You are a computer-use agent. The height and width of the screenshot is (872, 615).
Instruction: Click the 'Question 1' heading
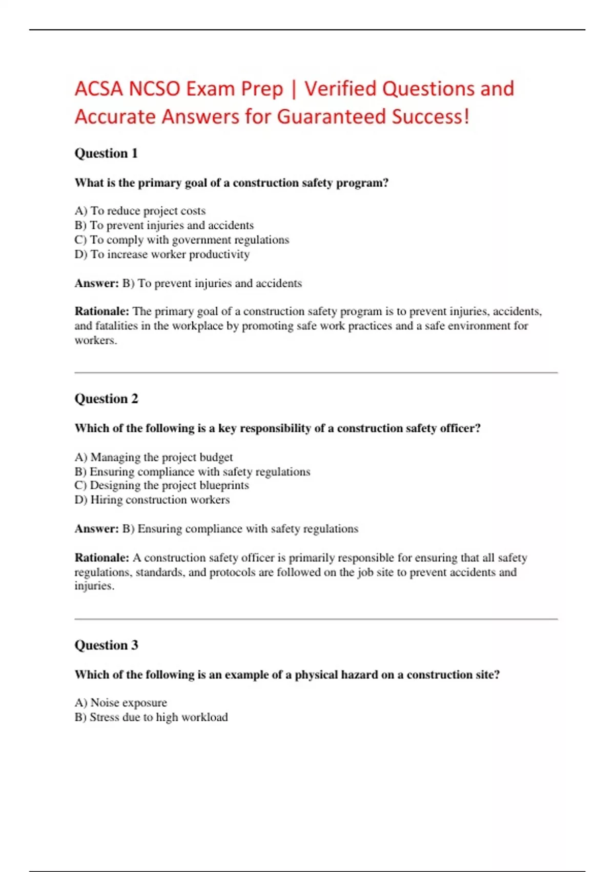pyautogui.click(x=106, y=153)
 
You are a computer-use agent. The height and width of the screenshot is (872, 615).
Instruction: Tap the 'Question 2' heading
pyautogui.click(x=106, y=399)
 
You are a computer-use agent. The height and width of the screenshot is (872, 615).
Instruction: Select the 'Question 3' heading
pyautogui.click(x=106, y=645)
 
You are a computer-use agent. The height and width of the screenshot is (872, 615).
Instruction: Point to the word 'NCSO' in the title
pyautogui.click(x=154, y=89)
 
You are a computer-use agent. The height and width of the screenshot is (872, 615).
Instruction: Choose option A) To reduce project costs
pyautogui.click(x=140, y=211)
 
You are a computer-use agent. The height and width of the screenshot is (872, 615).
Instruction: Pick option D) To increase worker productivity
pyautogui.click(x=162, y=254)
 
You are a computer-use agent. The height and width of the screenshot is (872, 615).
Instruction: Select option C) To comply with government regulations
pyautogui.click(x=181, y=240)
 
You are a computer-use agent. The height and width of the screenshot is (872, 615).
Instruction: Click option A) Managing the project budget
pyautogui.click(x=153, y=457)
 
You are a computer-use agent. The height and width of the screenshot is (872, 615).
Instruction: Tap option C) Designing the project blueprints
pyautogui.click(x=161, y=485)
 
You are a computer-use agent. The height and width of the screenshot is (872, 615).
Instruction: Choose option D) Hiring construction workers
pyautogui.click(x=152, y=500)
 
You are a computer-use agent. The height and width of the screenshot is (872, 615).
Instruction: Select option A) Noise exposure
pyautogui.click(x=120, y=703)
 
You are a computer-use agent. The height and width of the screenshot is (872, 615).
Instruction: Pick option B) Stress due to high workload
pyautogui.click(x=151, y=717)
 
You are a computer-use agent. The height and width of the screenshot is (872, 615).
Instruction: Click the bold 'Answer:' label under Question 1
pyautogui.click(x=96, y=283)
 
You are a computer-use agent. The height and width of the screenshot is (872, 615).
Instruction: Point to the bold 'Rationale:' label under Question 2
pyautogui.click(x=101, y=558)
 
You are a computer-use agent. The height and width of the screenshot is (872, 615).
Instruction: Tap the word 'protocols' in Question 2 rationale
pyautogui.click(x=233, y=572)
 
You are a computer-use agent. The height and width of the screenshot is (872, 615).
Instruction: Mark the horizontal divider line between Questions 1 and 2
pyautogui.click(x=316, y=373)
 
